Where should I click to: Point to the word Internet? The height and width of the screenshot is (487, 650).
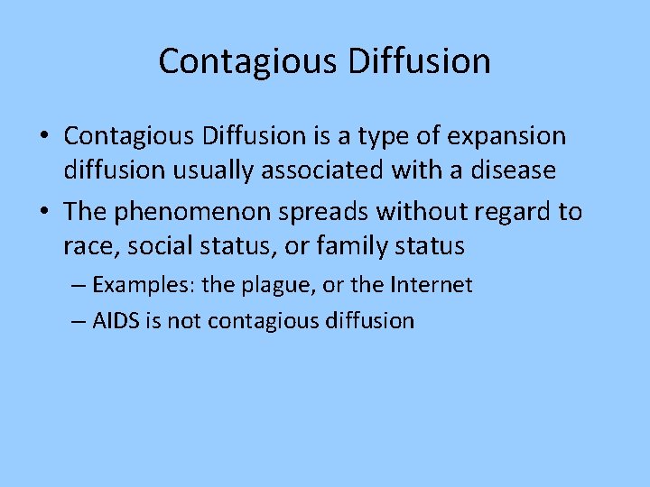point(432,286)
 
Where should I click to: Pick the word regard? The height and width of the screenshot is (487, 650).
point(508,212)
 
